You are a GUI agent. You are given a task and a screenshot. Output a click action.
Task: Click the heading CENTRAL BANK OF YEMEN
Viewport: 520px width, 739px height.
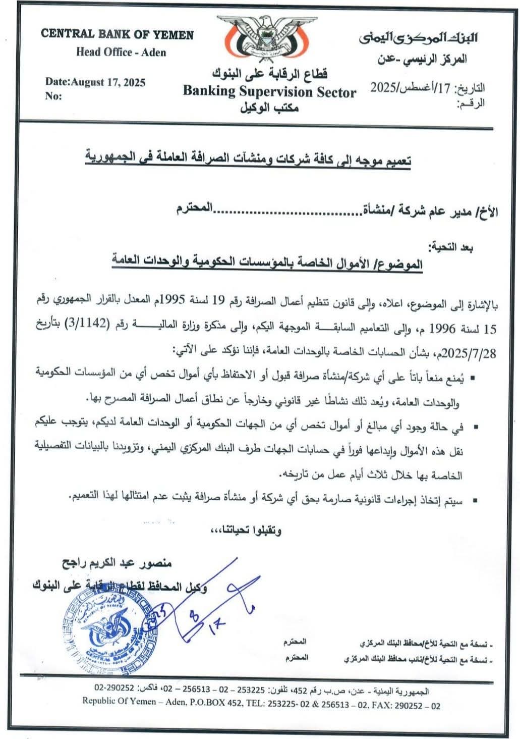click(x=117, y=34)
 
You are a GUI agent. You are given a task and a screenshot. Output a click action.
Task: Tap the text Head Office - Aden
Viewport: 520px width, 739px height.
click(x=121, y=52)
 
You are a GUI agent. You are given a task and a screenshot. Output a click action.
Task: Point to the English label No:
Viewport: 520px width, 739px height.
click(x=53, y=96)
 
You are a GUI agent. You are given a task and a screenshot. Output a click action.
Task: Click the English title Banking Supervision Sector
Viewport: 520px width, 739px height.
click(x=269, y=92)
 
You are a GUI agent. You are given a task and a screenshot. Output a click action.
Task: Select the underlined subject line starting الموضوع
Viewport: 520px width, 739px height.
click(x=268, y=263)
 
